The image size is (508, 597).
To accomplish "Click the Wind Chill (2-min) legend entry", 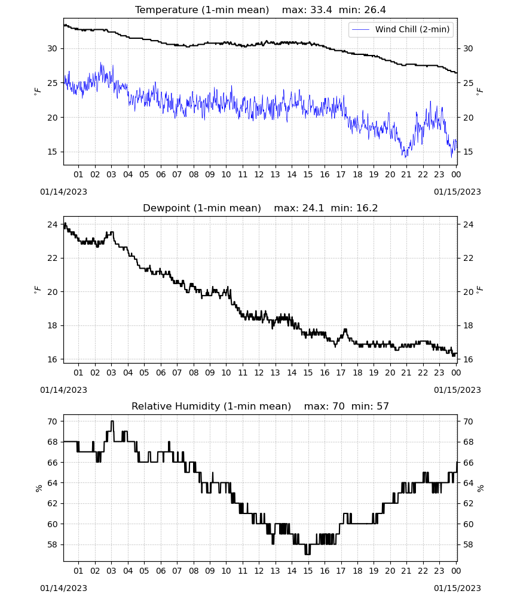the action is click(401, 29).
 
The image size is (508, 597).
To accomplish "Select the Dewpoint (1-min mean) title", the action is click(202, 208).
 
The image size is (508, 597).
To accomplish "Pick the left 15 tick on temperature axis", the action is click(52, 152).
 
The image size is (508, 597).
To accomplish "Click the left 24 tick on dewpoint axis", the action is click(52, 224).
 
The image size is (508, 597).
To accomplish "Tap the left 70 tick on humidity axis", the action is click(52, 421).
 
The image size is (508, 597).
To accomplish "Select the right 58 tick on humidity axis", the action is click(468, 544).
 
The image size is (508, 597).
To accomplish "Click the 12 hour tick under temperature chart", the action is click(259, 174).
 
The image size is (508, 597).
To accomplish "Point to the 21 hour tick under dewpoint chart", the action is click(406, 373).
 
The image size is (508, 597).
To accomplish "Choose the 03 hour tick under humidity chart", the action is click(111, 571).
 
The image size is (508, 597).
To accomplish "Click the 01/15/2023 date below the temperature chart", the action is click(457, 192).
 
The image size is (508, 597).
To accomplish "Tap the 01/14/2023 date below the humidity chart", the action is click(63, 588).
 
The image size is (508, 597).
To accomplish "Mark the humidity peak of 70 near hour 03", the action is click(112, 421).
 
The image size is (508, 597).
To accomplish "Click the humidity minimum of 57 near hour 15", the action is click(308, 555).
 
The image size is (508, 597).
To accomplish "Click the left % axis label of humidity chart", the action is click(38, 488).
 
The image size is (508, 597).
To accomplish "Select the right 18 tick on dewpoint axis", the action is click(468, 325).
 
